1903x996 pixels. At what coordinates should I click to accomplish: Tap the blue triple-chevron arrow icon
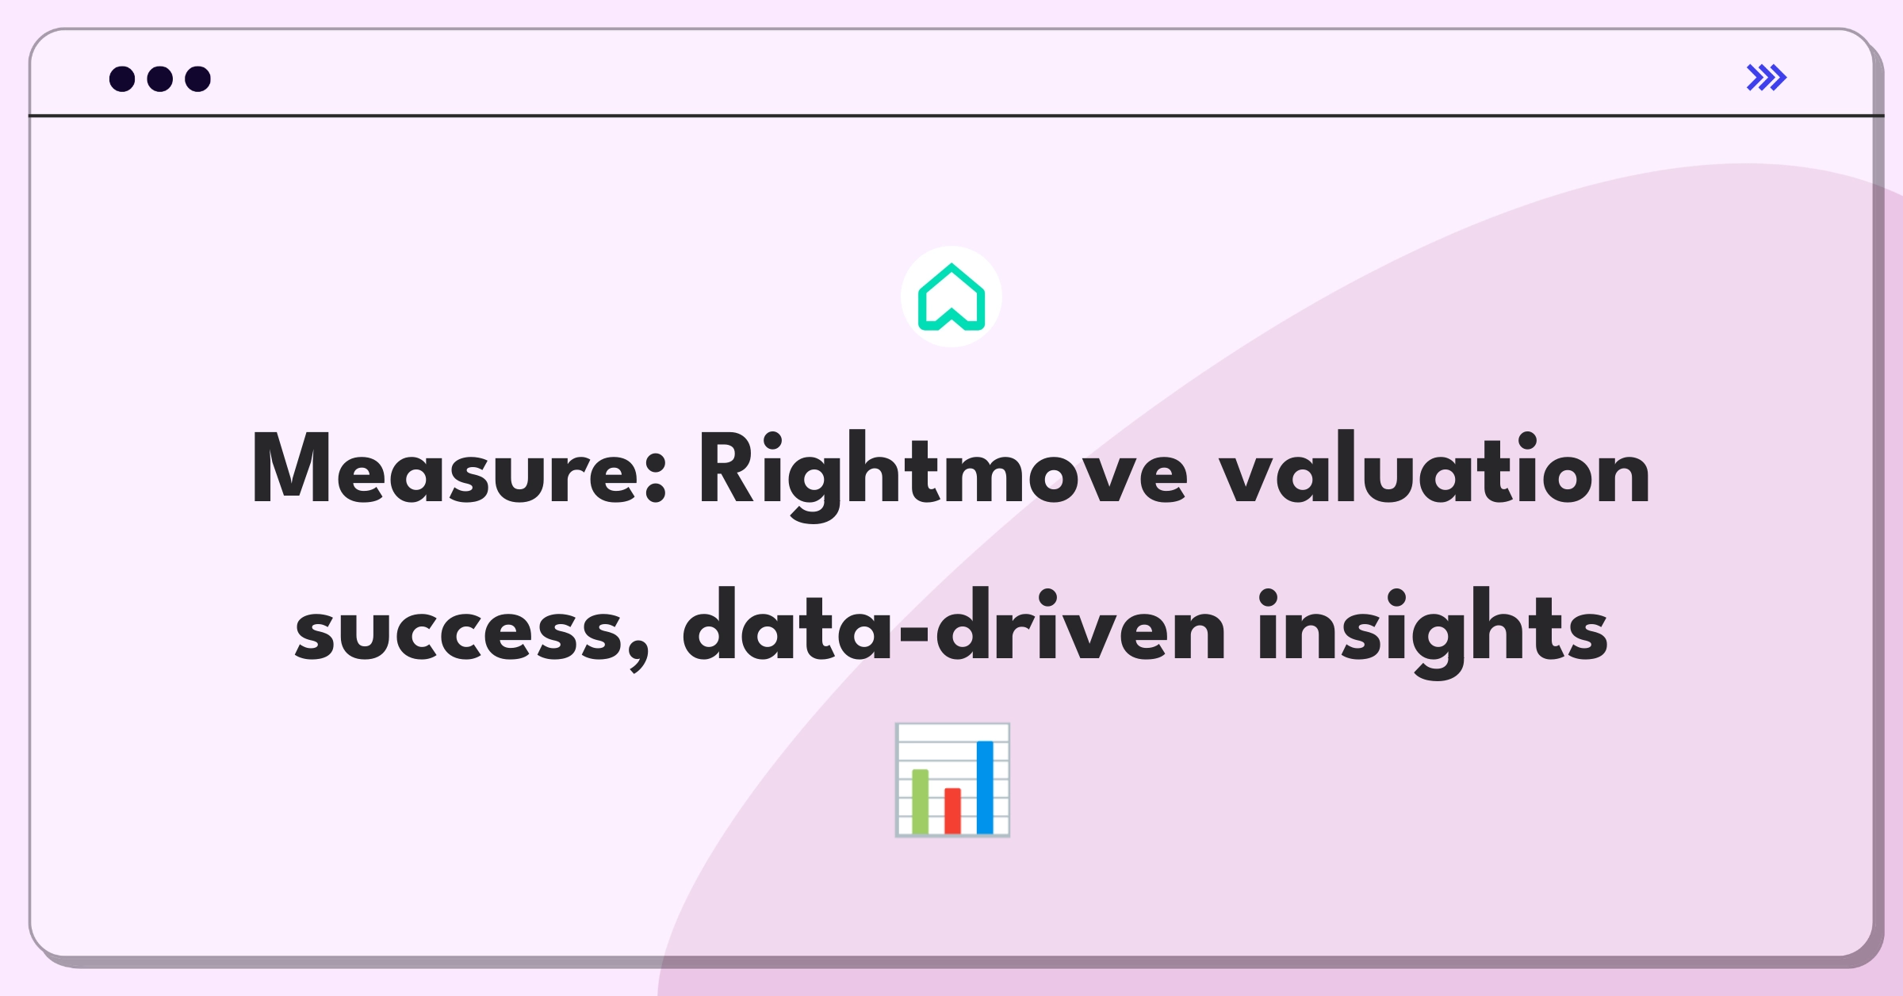[1767, 78]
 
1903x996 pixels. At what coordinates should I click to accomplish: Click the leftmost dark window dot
[122, 79]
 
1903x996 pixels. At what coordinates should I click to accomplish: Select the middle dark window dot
[160, 79]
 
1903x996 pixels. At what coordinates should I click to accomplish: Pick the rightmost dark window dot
[198, 79]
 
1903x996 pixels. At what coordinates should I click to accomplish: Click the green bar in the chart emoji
[921, 801]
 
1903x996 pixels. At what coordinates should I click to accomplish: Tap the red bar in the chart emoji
[952, 810]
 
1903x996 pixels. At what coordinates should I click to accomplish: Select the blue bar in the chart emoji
[985, 787]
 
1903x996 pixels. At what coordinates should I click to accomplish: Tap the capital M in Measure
[290, 468]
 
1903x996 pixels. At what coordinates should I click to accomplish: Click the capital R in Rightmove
[728, 468]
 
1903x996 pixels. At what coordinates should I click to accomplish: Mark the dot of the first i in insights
[1269, 600]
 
